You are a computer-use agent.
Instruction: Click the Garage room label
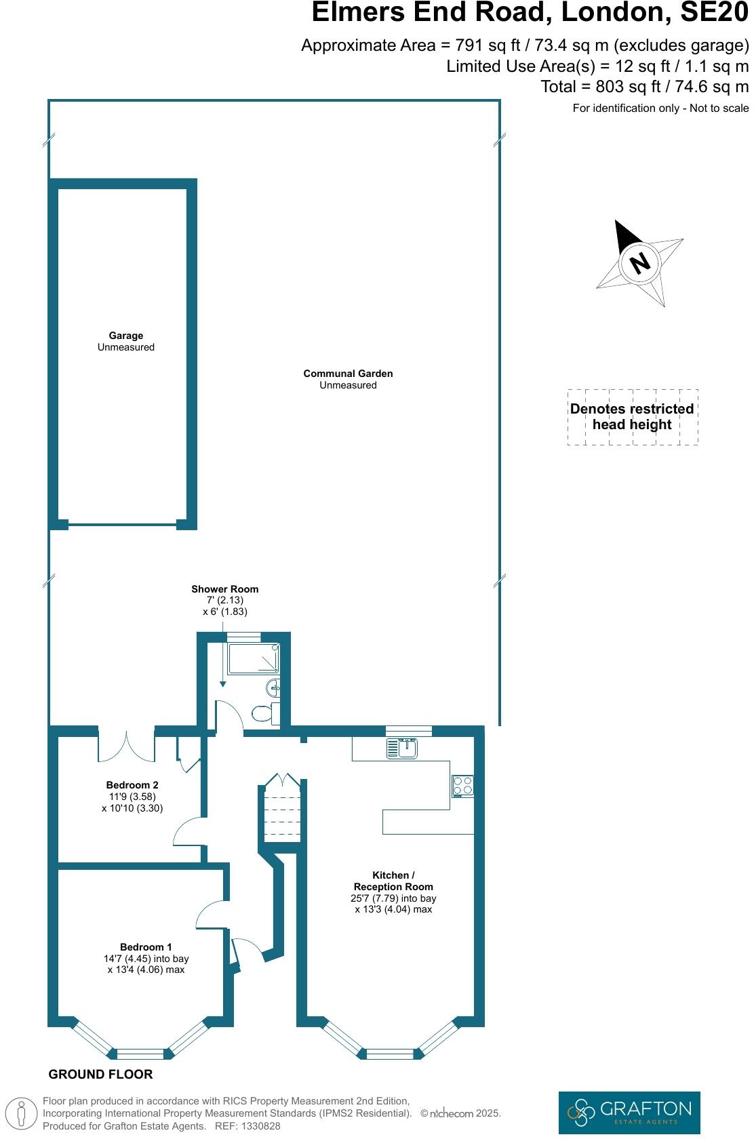point(126,336)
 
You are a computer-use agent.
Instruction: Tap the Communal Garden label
point(348,374)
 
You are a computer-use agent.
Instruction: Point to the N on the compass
point(639,262)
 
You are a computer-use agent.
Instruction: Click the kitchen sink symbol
point(402,748)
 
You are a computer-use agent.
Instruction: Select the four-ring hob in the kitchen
point(463,786)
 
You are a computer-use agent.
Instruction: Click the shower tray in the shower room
point(253,658)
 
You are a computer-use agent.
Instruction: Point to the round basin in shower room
point(274,687)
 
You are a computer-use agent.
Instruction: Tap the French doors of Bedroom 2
point(127,746)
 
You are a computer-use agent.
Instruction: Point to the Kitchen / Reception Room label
point(393,881)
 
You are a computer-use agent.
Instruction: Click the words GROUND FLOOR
point(100,1074)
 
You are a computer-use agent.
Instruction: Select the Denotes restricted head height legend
point(632,417)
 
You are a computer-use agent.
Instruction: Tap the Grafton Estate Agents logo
point(629,1112)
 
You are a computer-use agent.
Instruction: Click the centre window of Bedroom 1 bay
point(140,1054)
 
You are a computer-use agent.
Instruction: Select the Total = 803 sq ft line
point(644,87)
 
